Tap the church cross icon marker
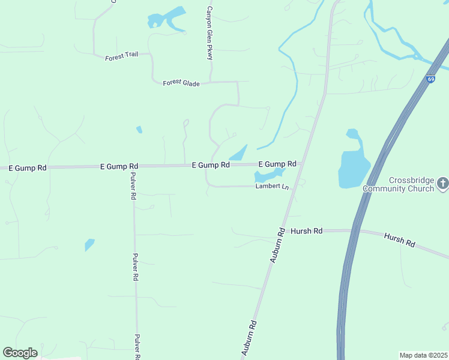click(443, 184)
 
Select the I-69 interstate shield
click(431, 79)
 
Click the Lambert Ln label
click(272, 187)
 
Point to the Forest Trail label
click(121, 56)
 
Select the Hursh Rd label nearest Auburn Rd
click(306, 231)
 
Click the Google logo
click(20, 353)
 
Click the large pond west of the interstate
click(354, 168)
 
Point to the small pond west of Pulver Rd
click(89, 245)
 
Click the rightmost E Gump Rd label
click(277, 164)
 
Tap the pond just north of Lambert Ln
click(268, 176)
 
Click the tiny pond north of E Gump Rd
click(139, 129)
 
